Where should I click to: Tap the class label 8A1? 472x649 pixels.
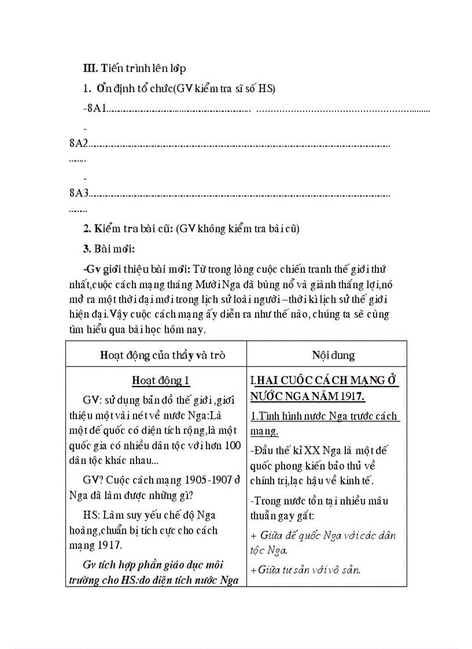coord(97,108)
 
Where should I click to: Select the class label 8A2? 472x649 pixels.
coord(78,143)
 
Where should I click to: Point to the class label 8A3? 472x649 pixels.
coord(78,192)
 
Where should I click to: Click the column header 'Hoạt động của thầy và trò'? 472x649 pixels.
coord(156,355)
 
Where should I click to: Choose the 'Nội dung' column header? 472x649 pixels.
coord(333,355)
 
